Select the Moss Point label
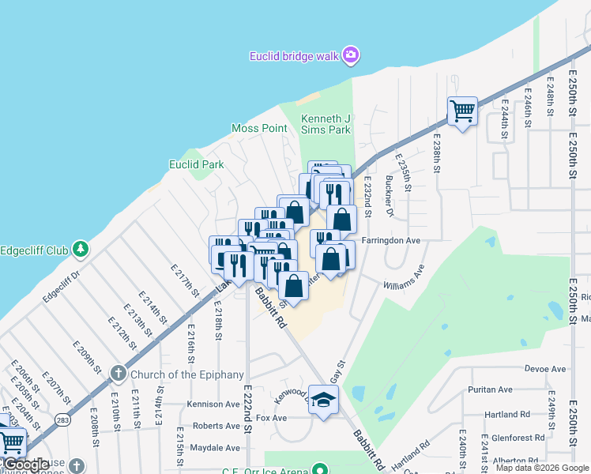click(x=258, y=128)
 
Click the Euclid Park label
click(x=197, y=164)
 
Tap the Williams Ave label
click(x=405, y=277)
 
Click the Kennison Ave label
click(x=213, y=404)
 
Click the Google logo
click(x=27, y=465)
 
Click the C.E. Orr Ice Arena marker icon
click(x=319, y=469)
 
